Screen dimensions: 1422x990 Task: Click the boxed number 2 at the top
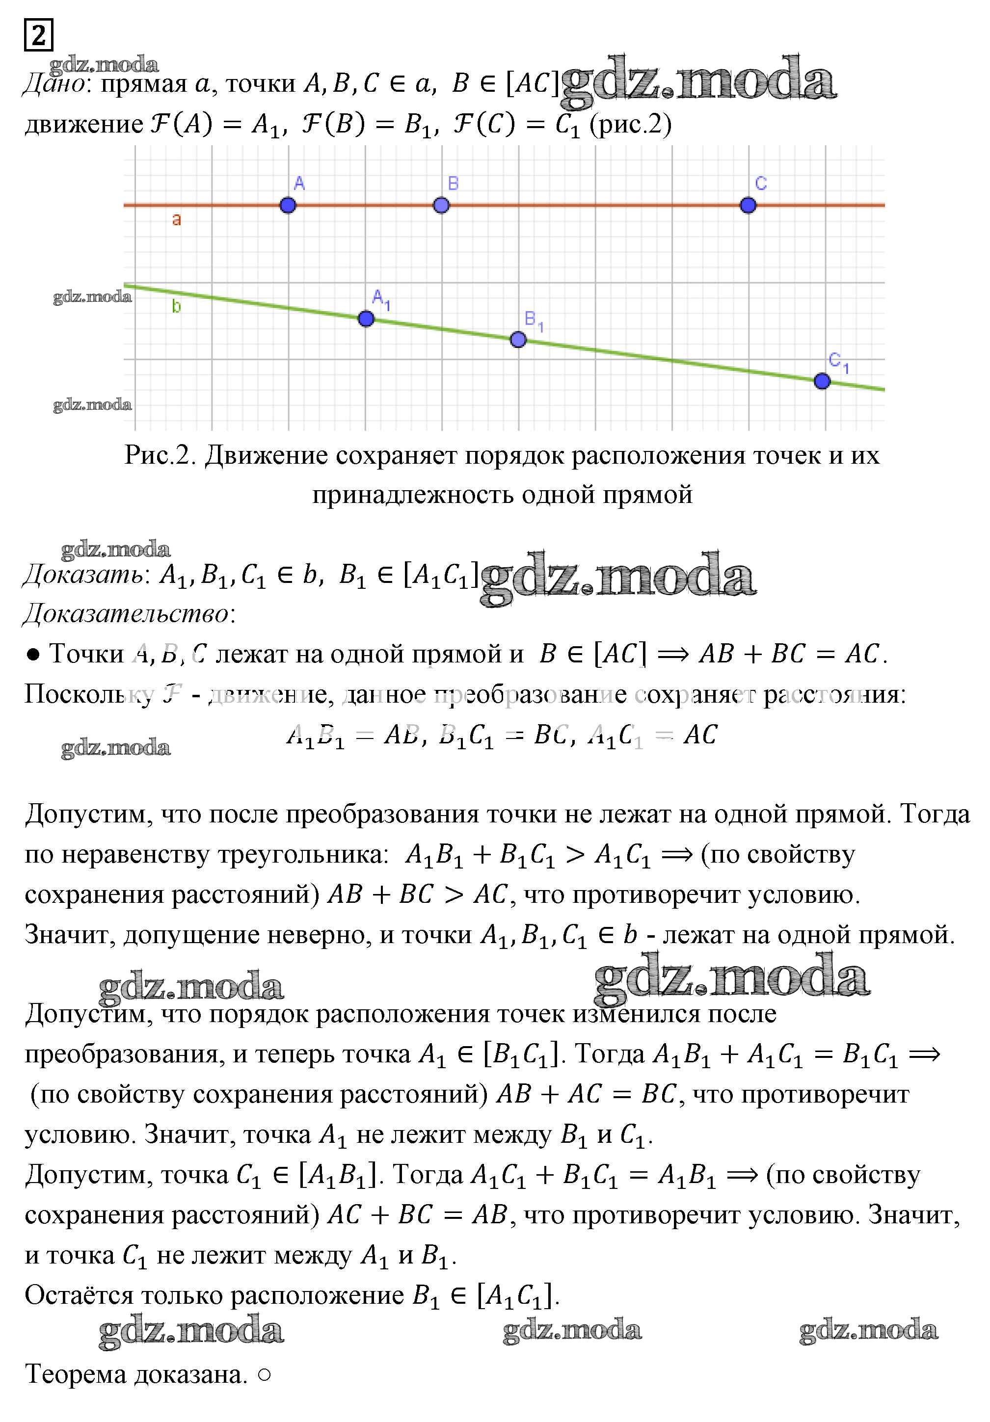[38, 35]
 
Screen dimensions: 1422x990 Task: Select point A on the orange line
[288, 205]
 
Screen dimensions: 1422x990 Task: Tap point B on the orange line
[441, 205]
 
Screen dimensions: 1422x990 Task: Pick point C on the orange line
[748, 205]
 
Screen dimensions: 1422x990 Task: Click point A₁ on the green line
[366, 319]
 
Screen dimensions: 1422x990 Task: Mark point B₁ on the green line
[518, 340]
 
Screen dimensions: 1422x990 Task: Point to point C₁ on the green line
[822, 381]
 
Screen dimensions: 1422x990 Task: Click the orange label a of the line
[177, 219]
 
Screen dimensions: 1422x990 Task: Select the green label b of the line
[177, 307]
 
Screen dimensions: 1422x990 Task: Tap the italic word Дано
[54, 83]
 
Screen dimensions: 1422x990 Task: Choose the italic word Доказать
[83, 575]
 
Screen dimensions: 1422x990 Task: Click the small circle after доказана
[264, 1375]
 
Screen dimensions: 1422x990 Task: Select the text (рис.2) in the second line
[631, 125]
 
